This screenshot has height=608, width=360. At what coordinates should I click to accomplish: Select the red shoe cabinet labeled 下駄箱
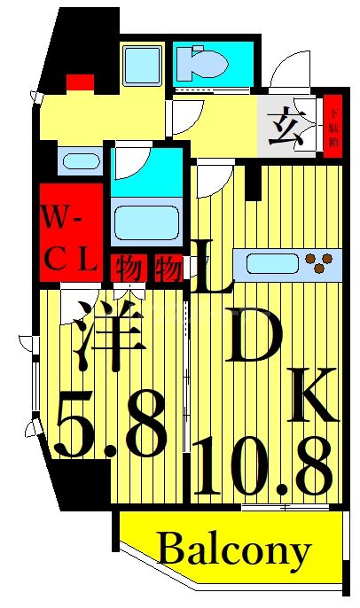click(333, 125)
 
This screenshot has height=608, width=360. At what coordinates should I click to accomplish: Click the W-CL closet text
click(71, 237)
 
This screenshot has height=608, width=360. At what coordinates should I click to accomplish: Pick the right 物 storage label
click(168, 266)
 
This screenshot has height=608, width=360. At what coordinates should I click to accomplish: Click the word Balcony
click(234, 550)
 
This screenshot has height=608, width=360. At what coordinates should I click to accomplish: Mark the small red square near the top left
click(80, 82)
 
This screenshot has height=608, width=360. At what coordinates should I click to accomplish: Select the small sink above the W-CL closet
click(81, 162)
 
